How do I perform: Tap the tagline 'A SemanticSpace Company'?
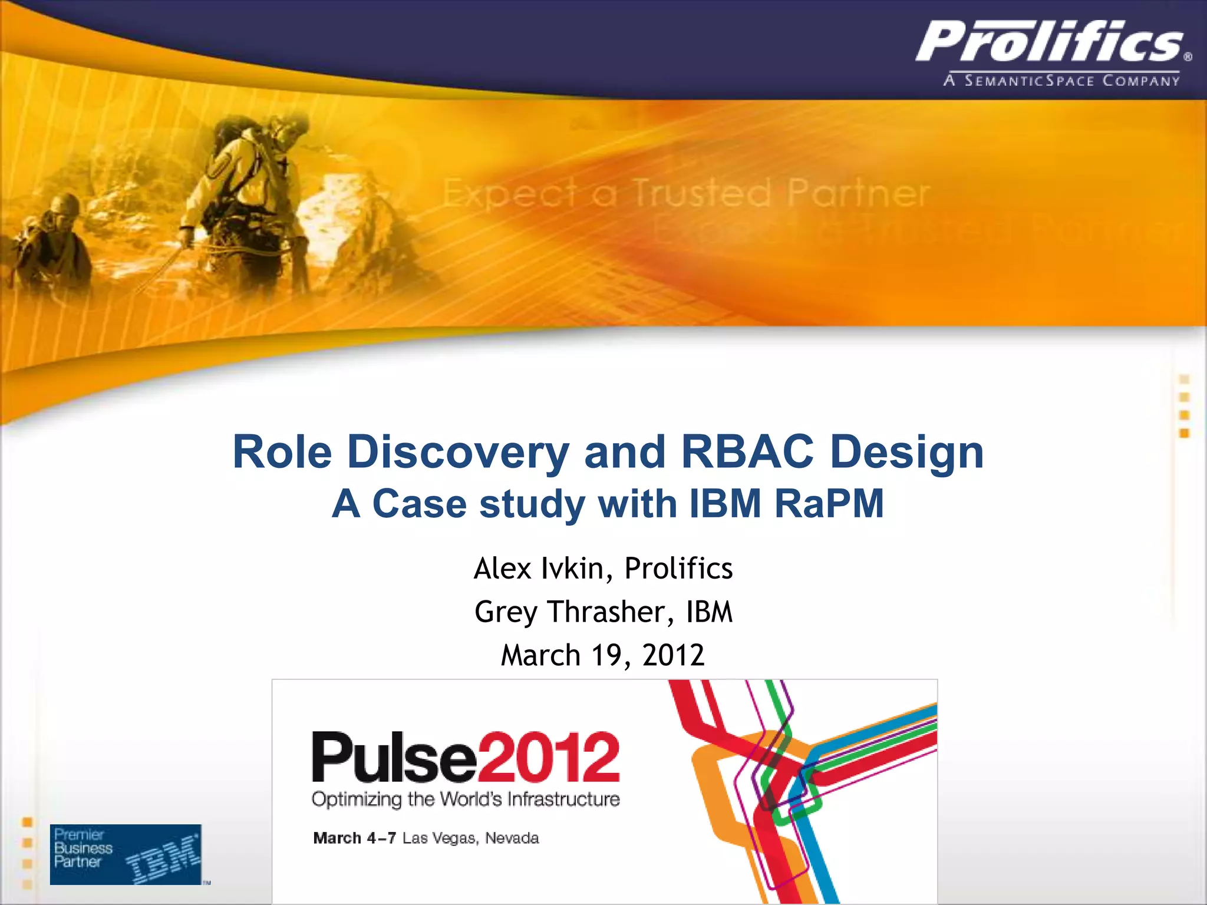1061,81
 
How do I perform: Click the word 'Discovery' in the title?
458,452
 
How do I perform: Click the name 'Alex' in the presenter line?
502,569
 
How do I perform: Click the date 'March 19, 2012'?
602,655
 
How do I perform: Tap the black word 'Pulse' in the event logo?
394,758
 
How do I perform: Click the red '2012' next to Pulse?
549,758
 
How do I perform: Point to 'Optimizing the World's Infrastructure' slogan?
466,800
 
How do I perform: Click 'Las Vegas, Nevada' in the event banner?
470,838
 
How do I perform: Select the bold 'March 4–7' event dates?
355,838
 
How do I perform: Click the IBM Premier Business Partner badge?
126,854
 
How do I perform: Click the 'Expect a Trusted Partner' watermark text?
685,193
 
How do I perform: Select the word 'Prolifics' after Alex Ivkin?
678,569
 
